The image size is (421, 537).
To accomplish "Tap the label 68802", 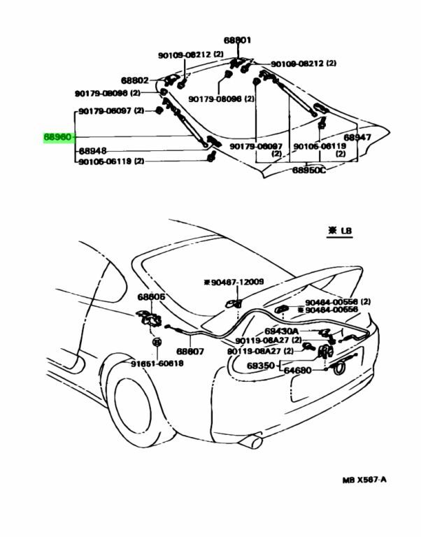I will (134, 80).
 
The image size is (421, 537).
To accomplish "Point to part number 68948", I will (92, 150).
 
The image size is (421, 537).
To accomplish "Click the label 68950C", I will (308, 170).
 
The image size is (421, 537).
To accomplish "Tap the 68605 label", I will (151, 297).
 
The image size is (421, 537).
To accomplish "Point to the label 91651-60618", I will (157, 364).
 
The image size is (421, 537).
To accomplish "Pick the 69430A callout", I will (281, 331).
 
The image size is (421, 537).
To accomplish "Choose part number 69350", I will (262, 365).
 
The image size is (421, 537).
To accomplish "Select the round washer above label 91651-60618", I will (157, 342).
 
